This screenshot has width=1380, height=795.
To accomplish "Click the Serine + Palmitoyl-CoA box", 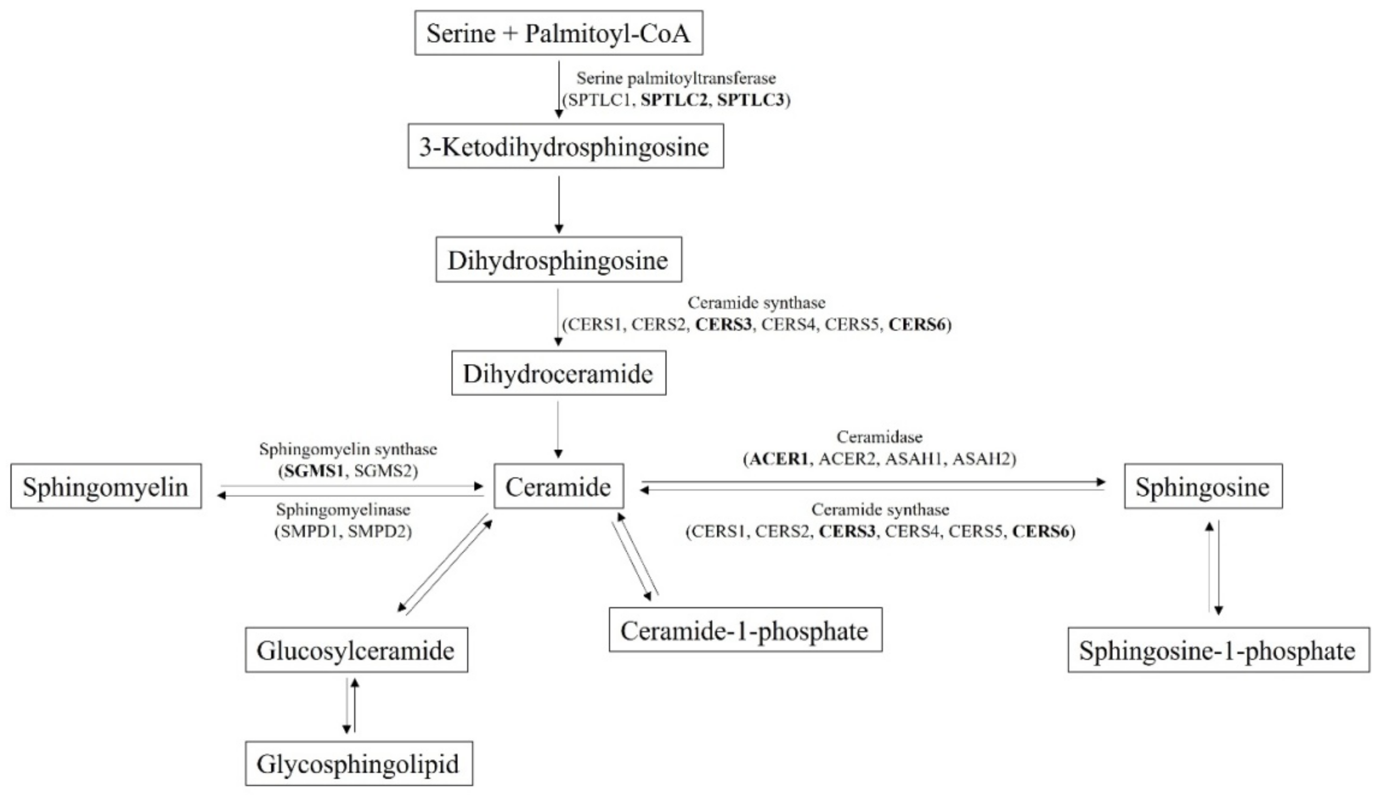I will pyautogui.click(x=558, y=33).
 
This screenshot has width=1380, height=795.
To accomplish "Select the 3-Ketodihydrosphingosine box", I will pyautogui.click(x=566, y=146).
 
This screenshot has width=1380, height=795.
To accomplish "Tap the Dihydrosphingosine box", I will pyautogui.click(x=558, y=260).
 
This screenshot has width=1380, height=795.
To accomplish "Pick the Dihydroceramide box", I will pyautogui.click(x=558, y=373).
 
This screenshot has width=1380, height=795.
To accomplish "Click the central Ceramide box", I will pyautogui.click(x=558, y=486).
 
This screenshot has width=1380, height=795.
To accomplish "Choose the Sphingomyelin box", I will pyautogui.click(x=106, y=486).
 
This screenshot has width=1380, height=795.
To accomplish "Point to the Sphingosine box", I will pyautogui.click(x=1203, y=486).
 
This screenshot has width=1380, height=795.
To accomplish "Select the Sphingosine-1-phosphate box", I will pyautogui.click(x=1218, y=651).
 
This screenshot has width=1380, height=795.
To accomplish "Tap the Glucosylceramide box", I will pyautogui.click(x=356, y=651).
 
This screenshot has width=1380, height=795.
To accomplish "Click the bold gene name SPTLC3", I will pyautogui.click(x=751, y=100).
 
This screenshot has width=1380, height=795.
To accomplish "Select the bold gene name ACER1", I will pyautogui.click(x=778, y=459).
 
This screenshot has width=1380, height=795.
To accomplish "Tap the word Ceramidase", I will pyautogui.click(x=879, y=437).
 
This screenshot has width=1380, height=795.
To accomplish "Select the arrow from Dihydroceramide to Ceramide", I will pyautogui.click(x=558, y=430).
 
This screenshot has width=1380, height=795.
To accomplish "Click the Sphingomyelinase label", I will pyautogui.click(x=343, y=510).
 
